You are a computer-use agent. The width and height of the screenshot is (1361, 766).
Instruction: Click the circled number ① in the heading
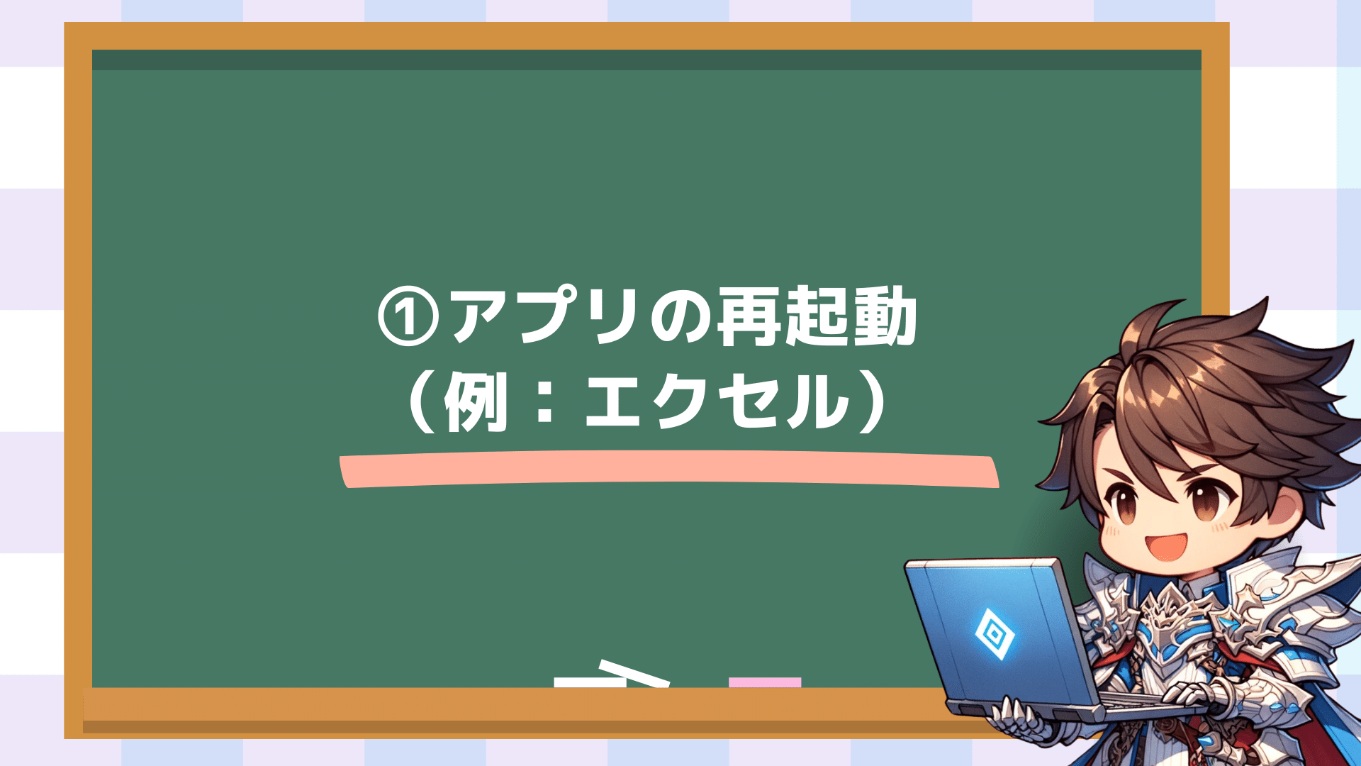coord(407,316)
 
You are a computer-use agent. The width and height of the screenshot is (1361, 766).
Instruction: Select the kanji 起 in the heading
coord(817,316)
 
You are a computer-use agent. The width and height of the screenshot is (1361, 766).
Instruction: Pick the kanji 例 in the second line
coord(476,401)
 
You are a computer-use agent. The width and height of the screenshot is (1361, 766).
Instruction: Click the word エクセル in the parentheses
coord(717,401)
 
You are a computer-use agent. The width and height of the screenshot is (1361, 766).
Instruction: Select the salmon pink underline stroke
coord(669,469)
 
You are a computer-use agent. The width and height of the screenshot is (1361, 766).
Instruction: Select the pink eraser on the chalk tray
coord(765,682)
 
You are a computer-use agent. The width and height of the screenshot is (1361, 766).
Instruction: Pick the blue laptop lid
coord(992,631)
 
